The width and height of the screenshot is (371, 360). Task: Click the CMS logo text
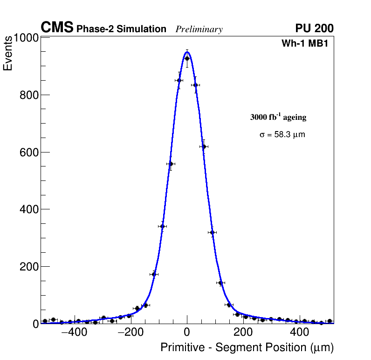57,28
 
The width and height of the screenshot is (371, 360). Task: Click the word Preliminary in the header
199,29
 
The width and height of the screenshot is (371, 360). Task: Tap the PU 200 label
314,28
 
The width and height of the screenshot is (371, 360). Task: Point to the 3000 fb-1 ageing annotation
278,117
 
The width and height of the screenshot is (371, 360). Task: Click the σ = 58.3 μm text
282,135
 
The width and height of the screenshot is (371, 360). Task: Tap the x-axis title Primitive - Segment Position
247,348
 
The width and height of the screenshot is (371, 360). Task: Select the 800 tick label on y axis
28,95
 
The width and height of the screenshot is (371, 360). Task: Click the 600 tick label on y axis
28,152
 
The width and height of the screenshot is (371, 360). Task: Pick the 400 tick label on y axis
28,209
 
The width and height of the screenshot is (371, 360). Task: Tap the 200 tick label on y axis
28,267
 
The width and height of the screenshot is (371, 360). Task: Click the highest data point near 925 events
187,58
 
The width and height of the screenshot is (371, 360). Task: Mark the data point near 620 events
204,146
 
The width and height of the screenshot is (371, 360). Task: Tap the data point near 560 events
171,164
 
